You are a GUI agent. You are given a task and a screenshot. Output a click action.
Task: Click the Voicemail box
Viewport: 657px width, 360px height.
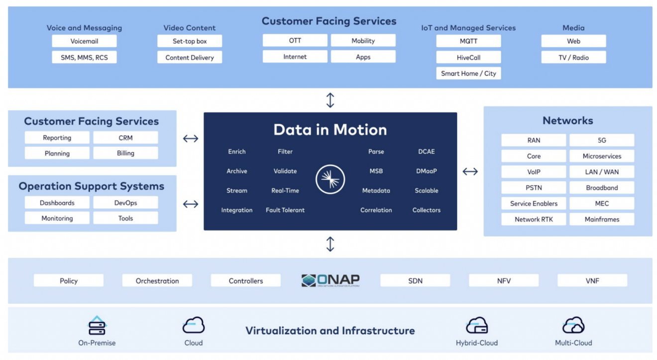(x=84, y=41)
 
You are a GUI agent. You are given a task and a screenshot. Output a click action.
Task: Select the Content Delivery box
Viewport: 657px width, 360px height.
(x=190, y=57)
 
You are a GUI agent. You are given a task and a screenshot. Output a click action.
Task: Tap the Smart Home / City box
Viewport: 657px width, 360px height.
(x=468, y=73)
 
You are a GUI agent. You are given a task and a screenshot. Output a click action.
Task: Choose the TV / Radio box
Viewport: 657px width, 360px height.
(x=573, y=57)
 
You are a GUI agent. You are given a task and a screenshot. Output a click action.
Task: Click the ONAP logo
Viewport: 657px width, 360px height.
(x=330, y=280)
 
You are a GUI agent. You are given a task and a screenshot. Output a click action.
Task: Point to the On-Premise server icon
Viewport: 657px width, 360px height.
(x=97, y=326)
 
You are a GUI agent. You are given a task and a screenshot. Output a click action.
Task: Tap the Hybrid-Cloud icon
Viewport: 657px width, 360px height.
(x=476, y=325)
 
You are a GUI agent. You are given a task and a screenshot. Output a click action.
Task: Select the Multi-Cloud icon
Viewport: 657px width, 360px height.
(x=573, y=325)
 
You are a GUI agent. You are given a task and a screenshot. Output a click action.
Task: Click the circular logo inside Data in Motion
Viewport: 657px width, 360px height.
(x=330, y=179)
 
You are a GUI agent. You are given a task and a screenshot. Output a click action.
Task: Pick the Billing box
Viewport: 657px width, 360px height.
(x=125, y=153)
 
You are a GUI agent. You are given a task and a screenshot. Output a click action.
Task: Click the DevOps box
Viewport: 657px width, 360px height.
(x=125, y=203)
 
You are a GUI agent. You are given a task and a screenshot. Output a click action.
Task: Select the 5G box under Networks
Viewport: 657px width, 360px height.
(x=602, y=140)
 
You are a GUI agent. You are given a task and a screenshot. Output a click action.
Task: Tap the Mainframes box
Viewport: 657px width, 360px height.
(x=602, y=219)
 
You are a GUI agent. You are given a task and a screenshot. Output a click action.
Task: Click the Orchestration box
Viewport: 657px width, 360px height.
(x=157, y=281)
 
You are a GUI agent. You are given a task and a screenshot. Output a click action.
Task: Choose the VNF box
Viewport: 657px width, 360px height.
(x=592, y=281)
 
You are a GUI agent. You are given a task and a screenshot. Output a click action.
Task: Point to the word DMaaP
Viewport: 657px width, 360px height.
(x=427, y=171)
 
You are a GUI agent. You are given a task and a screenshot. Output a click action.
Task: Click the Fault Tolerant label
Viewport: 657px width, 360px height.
(x=285, y=210)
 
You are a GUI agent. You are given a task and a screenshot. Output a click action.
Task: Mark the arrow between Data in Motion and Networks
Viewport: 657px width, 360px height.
(x=470, y=171)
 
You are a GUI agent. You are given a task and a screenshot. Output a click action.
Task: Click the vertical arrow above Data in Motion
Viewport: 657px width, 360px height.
(x=330, y=100)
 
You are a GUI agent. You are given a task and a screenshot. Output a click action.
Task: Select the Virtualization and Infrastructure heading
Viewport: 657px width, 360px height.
(x=330, y=331)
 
